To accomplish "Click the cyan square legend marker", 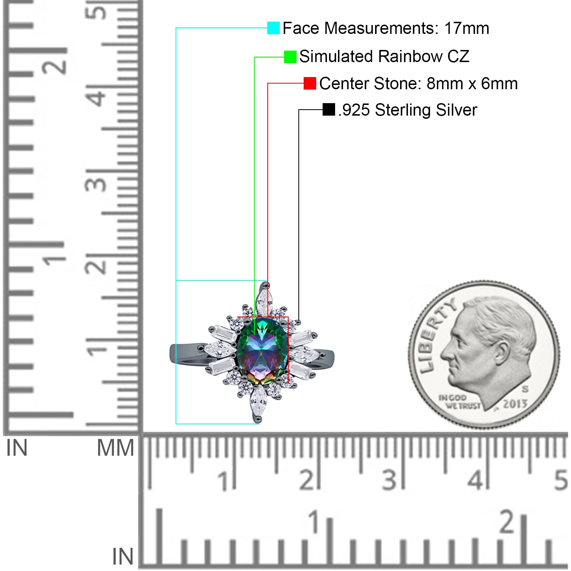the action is tap(273, 28).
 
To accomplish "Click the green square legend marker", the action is tap(290, 57).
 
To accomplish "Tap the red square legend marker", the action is tap(310, 84).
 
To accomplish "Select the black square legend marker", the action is tap(329, 110).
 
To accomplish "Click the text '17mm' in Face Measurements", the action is tap(467, 28).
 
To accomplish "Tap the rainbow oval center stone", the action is tap(263, 352).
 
